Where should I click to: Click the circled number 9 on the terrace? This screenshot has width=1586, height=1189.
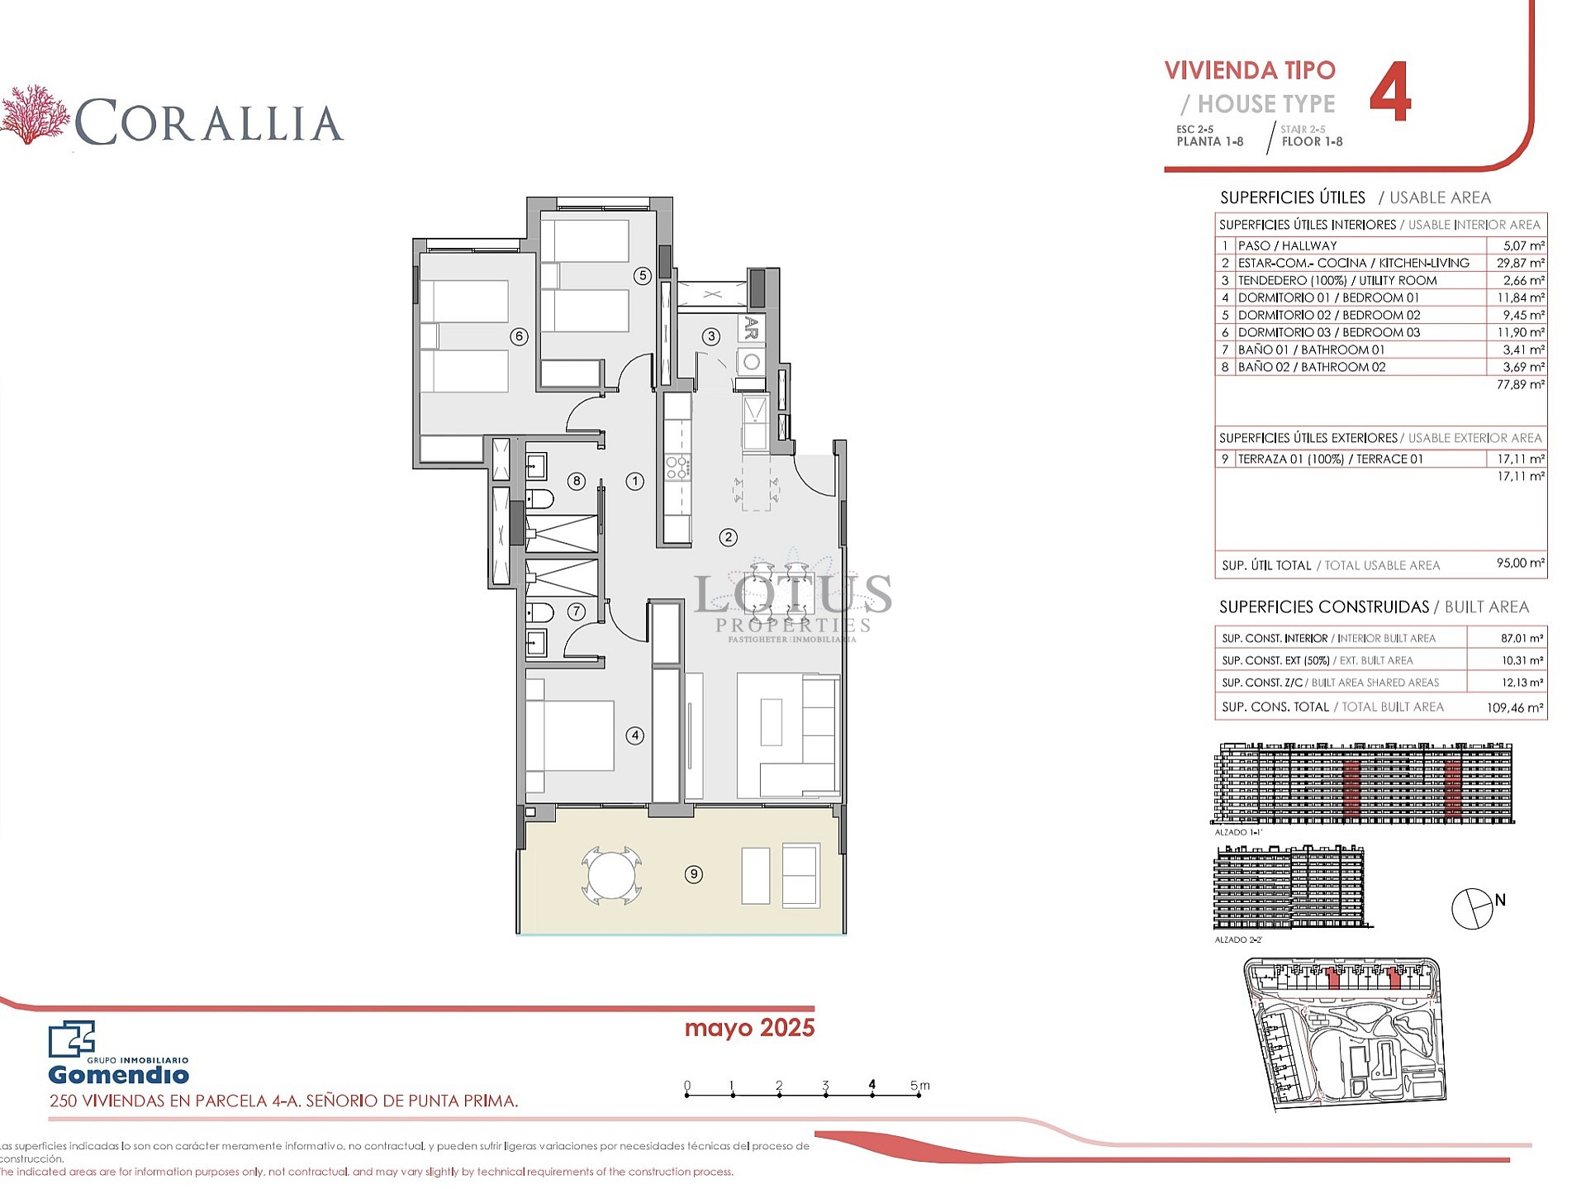click(694, 874)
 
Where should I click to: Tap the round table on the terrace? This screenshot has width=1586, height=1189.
click(611, 875)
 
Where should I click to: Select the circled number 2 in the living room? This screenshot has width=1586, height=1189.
click(728, 537)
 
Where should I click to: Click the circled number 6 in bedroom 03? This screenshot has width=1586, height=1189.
click(519, 336)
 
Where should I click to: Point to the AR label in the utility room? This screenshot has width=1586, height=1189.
click(751, 327)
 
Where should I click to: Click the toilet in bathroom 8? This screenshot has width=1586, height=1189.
click(539, 499)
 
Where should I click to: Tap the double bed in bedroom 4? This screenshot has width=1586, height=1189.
click(570, 735)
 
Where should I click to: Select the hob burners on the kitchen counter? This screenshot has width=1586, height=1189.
click(677, 468)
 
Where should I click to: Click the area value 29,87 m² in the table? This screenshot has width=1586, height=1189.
click(1520, 263)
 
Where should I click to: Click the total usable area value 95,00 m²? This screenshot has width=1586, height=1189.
click(1520, 564)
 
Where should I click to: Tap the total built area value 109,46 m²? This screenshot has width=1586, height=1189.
click(1515, 707)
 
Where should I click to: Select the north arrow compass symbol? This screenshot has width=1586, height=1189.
click(1473, 909)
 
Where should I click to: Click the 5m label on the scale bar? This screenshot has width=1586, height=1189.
click(919, 1085)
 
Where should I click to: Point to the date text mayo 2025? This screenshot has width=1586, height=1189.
click(749, 1028)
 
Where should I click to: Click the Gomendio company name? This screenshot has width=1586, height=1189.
click(118, 1074)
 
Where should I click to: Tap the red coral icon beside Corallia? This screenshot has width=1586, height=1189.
click(35, 114)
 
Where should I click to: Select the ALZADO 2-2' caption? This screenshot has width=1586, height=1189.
click(1238, 939)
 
